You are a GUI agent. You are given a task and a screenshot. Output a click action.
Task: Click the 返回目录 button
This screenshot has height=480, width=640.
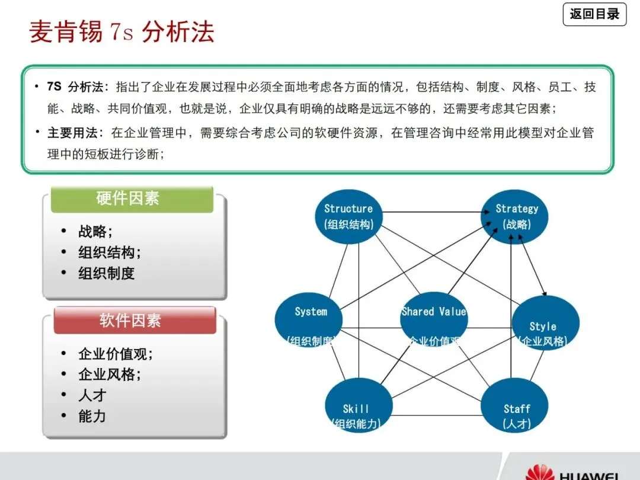pos(594,14)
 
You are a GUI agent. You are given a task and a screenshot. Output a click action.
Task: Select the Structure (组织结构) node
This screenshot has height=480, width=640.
pos(348,216)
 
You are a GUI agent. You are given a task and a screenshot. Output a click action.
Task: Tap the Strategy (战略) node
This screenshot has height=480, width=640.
pos(516,216)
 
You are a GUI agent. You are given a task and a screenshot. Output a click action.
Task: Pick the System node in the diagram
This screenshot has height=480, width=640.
pos(309,319)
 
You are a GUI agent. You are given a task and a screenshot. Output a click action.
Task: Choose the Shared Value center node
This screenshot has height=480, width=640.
pos(434,319)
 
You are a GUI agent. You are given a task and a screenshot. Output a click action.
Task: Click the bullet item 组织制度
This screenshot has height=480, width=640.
pos(107,274)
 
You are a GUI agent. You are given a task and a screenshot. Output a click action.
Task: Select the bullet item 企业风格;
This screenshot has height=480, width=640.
pos(110,375)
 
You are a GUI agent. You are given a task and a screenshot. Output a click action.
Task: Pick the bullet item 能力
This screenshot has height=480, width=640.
pos(92,416)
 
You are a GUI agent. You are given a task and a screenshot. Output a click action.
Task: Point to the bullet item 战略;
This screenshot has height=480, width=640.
pos(95,232)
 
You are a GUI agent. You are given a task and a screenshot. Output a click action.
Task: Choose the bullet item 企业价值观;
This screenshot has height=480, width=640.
pos(116,354)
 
